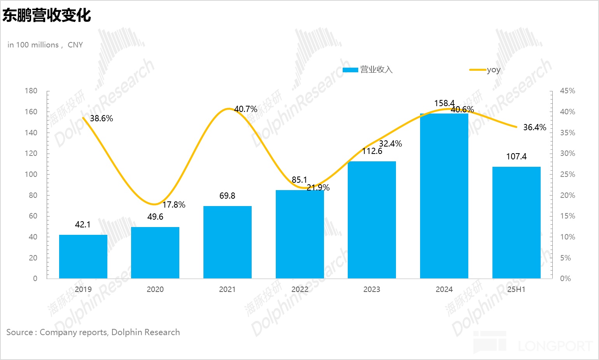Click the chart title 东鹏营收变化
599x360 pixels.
click(x=47, y=16)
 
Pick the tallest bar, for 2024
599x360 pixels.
click(x=444, y=196)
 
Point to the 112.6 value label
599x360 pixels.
click(x=372, y=151)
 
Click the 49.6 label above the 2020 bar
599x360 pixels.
click(x=155, y=217)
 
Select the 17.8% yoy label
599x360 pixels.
click(x=173, y=205)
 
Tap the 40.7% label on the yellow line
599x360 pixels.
click(x=245, y=109)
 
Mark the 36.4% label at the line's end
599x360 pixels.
click(x=534, y=128)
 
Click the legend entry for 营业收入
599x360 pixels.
click(x=368, y=70)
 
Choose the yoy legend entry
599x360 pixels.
click(x=485, y=70)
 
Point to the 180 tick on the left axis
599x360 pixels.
click(x=31, y=91)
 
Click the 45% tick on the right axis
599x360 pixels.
click(x=567, y=91)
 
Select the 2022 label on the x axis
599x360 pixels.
click(x=299, y=289)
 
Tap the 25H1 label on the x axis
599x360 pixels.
click(x=516, y=289)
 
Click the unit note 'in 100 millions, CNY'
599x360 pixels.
click(x=45, y=45)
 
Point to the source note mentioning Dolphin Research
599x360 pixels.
click(x=93, y=332)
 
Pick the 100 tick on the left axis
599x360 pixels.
click(x=31, y=174)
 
